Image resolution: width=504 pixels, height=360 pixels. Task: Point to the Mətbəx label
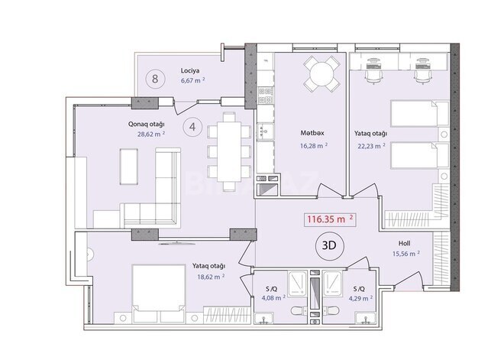(x=312, y=132)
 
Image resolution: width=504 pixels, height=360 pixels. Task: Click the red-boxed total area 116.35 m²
(x=329, y=219)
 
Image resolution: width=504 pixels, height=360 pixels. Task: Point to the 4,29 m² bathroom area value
(x=363, y=299)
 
